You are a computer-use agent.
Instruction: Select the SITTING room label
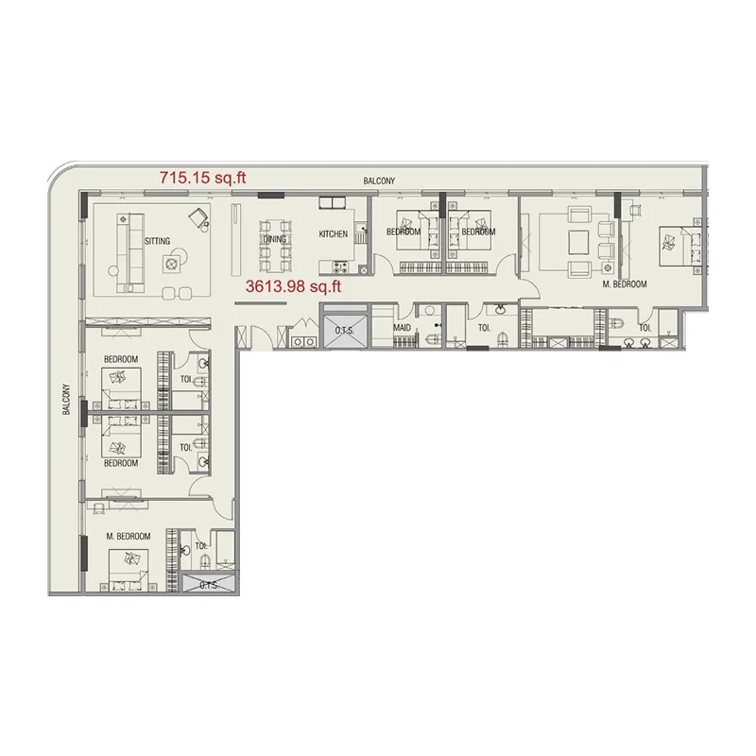coord(158,241)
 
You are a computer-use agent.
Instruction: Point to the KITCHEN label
coord(333,234)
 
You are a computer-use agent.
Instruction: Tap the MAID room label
coord(401,329)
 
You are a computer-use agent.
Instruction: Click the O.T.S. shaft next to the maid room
coord(344,329)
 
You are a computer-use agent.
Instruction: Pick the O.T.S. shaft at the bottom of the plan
coord(209,584)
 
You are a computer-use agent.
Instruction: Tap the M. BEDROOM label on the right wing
coord(625,284)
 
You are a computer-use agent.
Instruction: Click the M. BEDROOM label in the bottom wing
coord(129,537)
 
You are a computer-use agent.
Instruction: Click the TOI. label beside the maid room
coord(484,329)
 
